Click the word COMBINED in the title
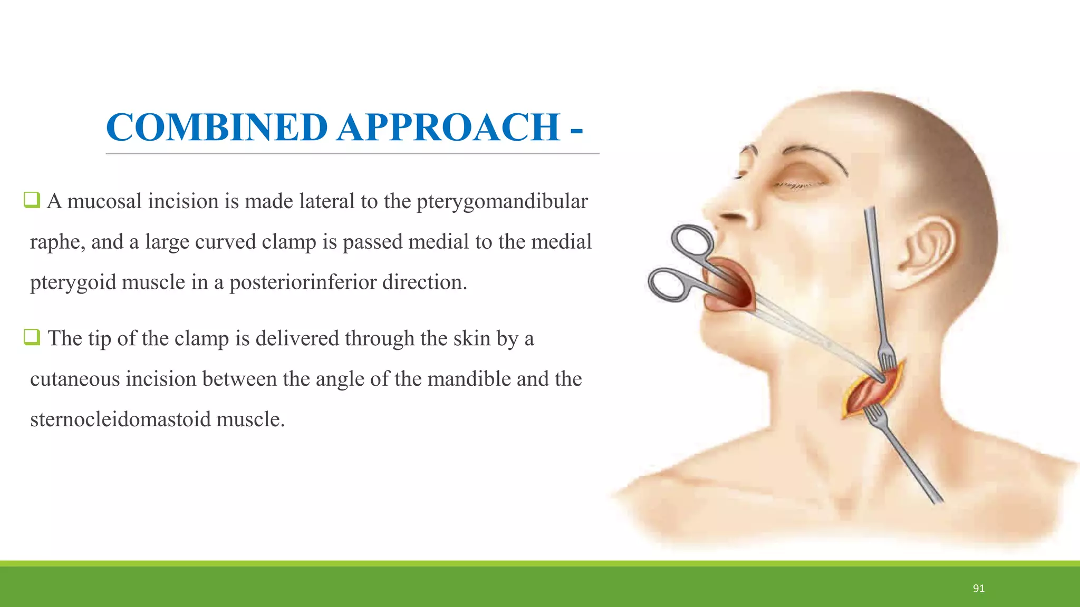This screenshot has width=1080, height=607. point(217,128)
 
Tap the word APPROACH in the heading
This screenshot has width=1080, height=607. point(448,128)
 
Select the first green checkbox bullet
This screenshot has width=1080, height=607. point(32,200)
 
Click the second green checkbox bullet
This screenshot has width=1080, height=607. point(32,337)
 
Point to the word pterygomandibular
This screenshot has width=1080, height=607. point(502,202)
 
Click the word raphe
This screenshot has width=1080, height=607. point(57,242)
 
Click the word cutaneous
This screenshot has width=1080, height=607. point(75,379)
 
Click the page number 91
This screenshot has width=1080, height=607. point(979,589)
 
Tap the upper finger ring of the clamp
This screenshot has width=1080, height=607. point(692,241)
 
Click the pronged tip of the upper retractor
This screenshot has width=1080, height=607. point(886,358)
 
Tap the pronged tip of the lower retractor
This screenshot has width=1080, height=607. point(873,414)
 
